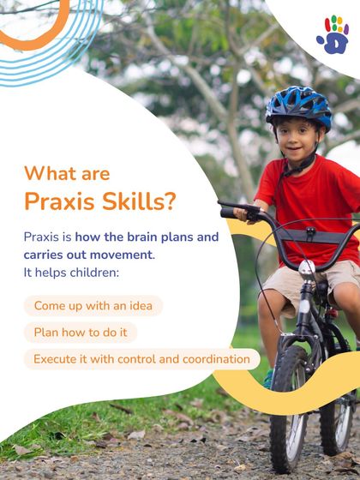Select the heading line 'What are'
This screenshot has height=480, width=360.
(x=67, y=173)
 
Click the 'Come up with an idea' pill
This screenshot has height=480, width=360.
(x=93, y=306)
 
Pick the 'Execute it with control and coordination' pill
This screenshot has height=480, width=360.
(x=141, y=359)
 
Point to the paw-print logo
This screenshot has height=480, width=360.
(x=333, y=33)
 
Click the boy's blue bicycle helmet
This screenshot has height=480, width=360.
(x=297, y=106)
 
